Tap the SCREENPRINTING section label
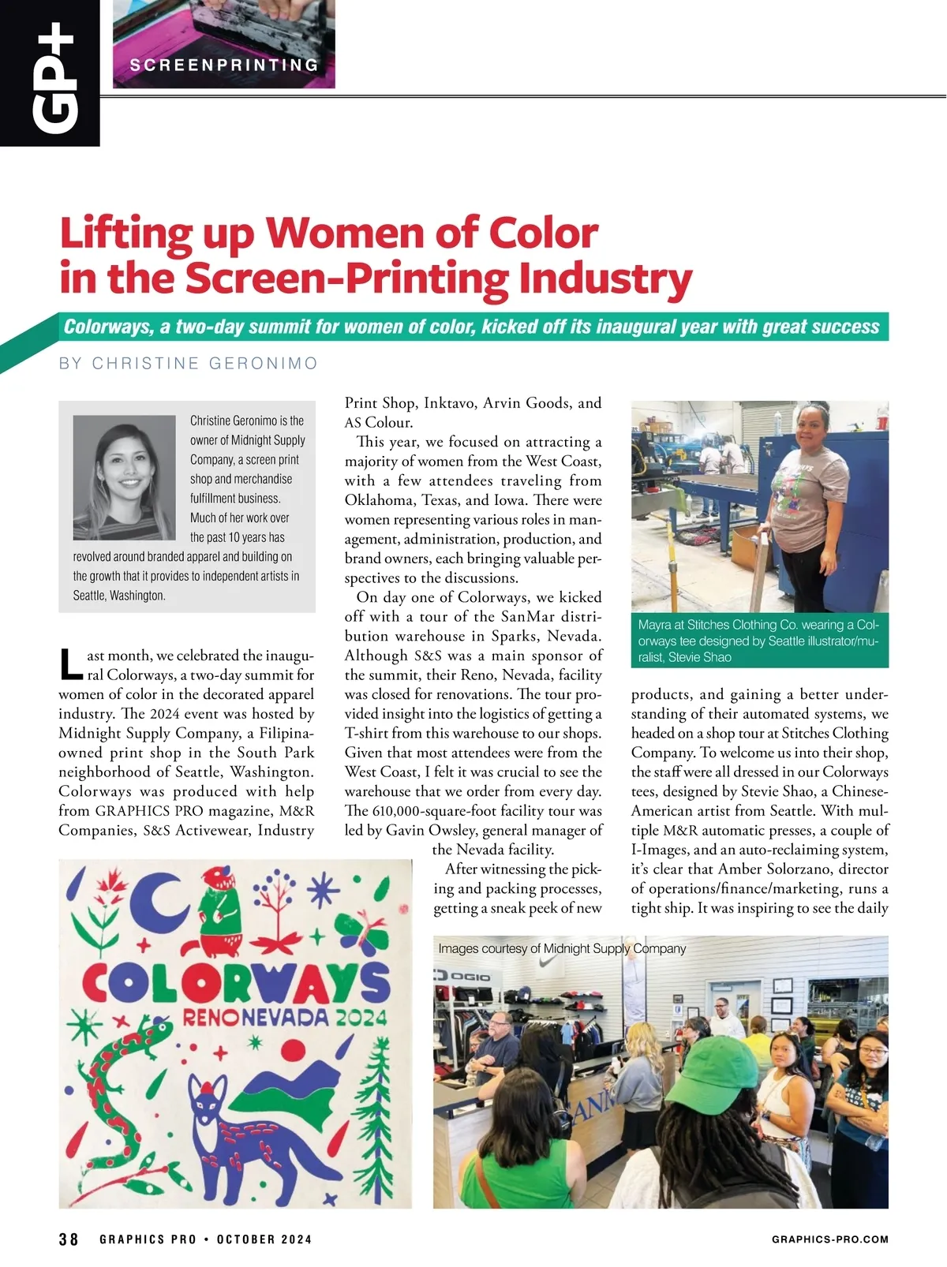[224, 65]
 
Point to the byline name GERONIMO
[264, 364]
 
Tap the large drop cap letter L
[71, 664]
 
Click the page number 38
[69, 1239]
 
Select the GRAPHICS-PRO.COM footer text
[829, 1239]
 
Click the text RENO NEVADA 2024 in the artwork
[285, 1017]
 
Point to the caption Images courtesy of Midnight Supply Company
[562, 948]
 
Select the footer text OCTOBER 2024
[264, 1239]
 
